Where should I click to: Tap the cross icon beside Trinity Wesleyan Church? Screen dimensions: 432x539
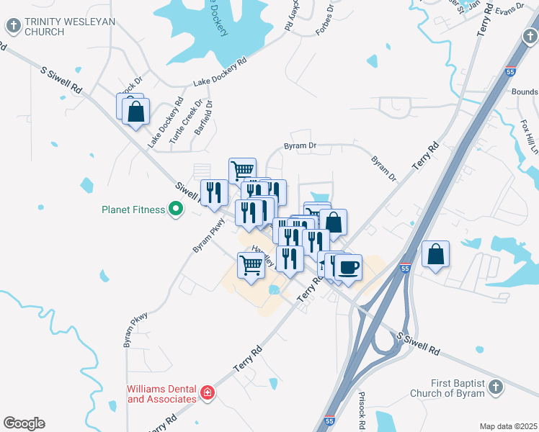13,27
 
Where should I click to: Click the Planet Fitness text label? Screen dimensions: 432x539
133,211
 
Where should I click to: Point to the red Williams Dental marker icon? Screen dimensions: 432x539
208,392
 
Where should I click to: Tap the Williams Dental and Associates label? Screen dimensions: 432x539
162,394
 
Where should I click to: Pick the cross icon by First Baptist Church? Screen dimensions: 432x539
494,387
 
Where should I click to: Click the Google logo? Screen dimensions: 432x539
24,423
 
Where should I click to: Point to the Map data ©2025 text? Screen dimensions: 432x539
509,426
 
